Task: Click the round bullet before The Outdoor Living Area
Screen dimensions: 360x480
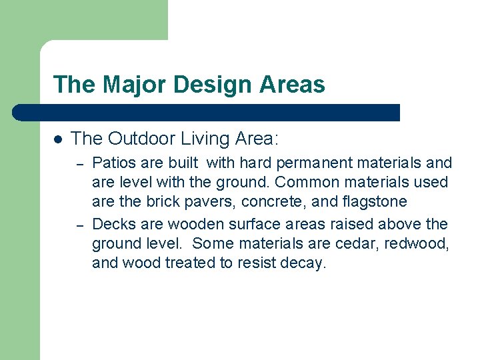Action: (x=58, y=139)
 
